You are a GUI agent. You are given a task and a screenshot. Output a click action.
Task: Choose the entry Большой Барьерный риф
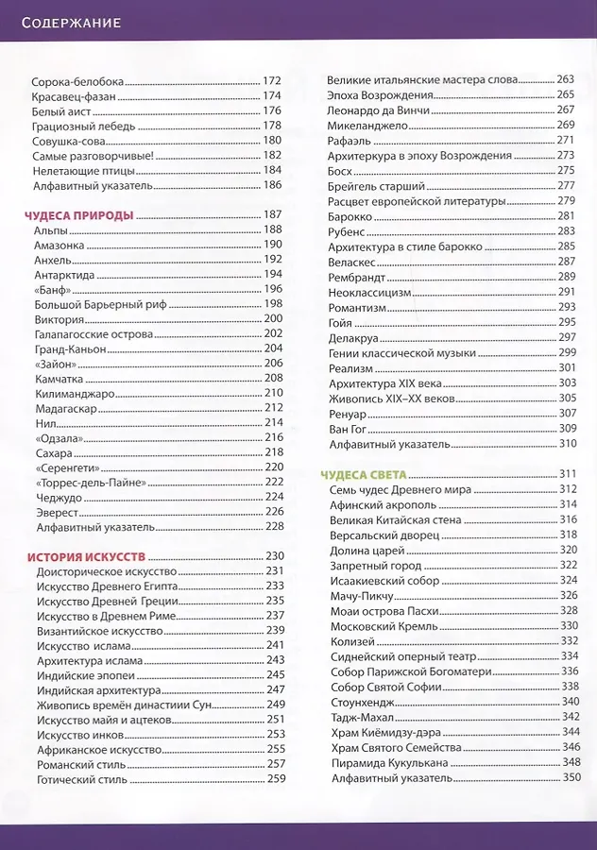click(93, 303)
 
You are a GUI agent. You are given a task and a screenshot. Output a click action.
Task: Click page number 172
click(273, 81)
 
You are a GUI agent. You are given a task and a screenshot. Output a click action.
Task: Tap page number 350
click(571, 777)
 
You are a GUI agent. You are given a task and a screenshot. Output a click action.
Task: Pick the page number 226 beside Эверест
click(275, 511)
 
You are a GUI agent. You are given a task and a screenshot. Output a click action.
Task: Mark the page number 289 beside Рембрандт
click(567, 276)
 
